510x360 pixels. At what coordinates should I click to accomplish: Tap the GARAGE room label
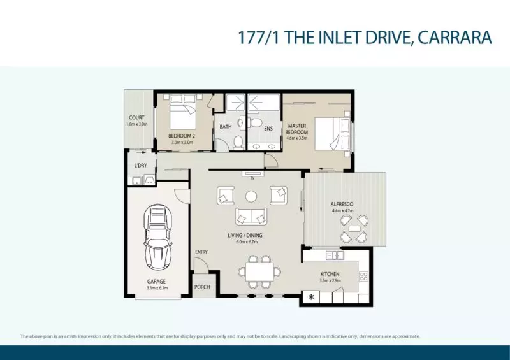[x=156, y=281]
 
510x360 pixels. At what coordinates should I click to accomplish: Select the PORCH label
[x=202, y=287]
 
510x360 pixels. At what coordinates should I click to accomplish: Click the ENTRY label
[x=201, y=252]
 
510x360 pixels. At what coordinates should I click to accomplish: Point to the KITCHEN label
[x=331, y=274]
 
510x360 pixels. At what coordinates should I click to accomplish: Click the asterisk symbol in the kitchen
[x=312, y=297]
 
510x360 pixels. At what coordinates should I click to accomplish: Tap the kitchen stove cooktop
[x=364, y=276]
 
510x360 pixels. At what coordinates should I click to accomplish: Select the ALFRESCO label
[x=342, y=204]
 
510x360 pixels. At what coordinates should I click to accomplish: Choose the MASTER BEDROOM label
[x=298, y=129]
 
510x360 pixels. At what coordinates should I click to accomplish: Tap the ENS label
[x=259, y=127]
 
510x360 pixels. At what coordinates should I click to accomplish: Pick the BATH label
[x=226, y=127]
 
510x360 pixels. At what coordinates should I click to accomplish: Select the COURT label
[x=136, y=118]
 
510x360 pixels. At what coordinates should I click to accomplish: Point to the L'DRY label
[x=140, y=166]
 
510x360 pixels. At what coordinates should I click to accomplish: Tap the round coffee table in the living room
[x=251, y=196]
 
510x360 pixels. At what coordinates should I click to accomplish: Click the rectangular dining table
[x=260, y=273]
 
